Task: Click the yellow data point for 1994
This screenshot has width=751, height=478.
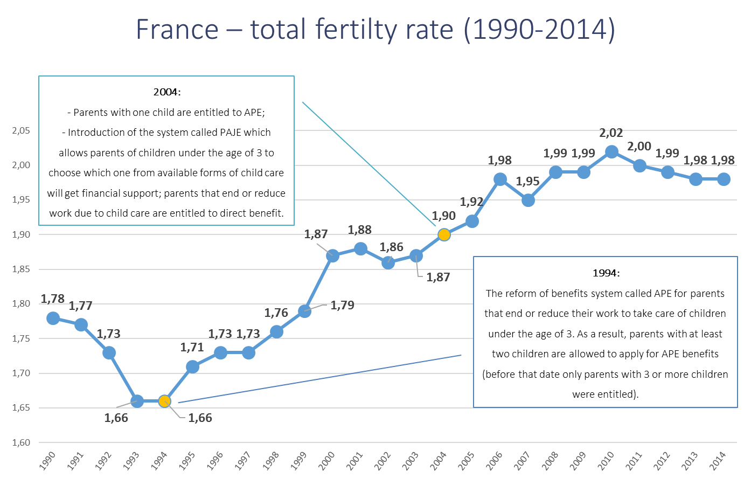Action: (x=164, y=401)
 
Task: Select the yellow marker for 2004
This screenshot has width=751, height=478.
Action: (x=444, y=234)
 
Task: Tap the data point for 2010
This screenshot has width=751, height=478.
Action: (x=611, y=152)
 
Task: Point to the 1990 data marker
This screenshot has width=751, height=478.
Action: (x=53, y=318)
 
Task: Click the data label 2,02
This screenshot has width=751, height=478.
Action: (x=611, y=133)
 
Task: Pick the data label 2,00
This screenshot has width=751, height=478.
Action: (x=639, y=147)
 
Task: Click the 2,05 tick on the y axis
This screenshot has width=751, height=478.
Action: (x=21, y=131)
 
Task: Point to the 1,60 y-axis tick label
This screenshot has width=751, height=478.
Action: (x=21, y=443)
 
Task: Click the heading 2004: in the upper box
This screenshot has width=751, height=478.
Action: (x=166, y=92)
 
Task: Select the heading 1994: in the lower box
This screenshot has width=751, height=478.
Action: (x=606, y=273)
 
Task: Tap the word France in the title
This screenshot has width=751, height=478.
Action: (x=177, y=30)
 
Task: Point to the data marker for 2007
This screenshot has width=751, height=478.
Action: (x=528, y=200)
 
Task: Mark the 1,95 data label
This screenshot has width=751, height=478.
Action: (x=527, y=182)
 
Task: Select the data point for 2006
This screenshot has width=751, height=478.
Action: (x=500, y=179)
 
